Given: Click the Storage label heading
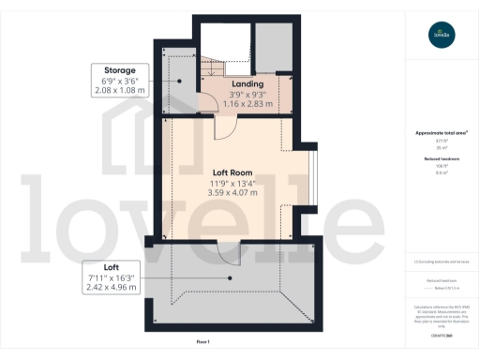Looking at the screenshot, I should click(x=120, y=70).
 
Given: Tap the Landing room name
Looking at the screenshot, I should click(x=247, y=84).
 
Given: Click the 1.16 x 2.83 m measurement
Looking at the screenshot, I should click(x=247, y=104).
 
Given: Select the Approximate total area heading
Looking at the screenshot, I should click(x=441, y=133).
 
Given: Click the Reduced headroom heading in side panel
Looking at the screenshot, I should click(x=441, y=160).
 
